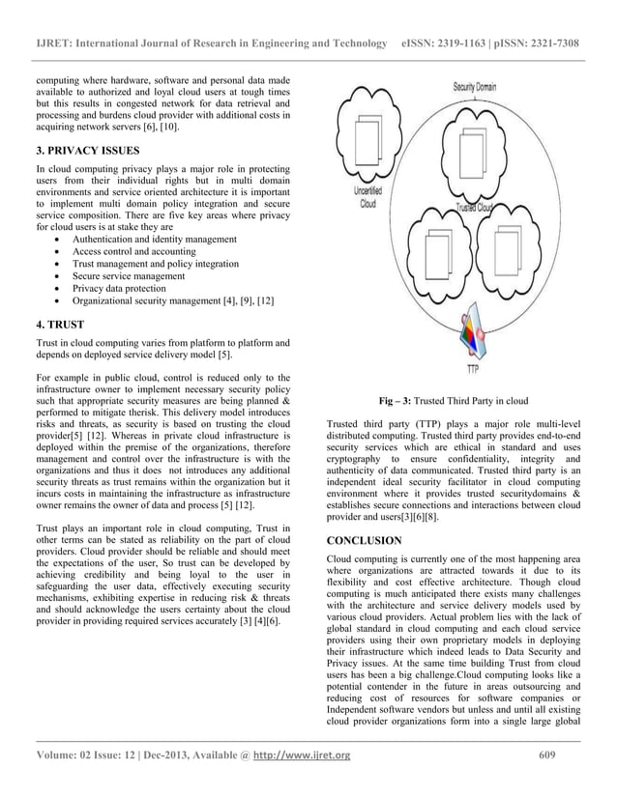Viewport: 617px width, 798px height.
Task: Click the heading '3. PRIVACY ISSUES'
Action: coord(89,151)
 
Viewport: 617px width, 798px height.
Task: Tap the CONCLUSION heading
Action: coord(365,541)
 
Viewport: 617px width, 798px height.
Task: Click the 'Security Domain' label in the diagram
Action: coord(474,87)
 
